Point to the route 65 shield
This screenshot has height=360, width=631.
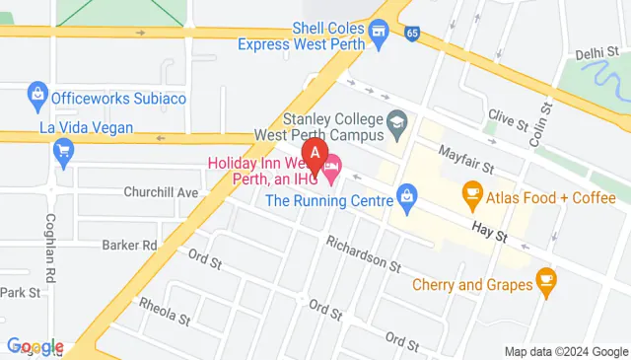click(x=410, y=34)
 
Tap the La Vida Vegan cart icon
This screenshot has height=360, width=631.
click(x=65, y=151)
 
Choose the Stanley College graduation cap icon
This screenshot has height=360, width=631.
click(x=396, y=123)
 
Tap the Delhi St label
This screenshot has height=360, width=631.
click(x=596, y=53)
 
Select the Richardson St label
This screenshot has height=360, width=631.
click(x=364, y=253)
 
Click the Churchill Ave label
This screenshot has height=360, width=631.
click(x=161, y=191)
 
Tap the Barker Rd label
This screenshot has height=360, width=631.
click(x=130, y=244)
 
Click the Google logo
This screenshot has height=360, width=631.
click(x=35, y=347)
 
